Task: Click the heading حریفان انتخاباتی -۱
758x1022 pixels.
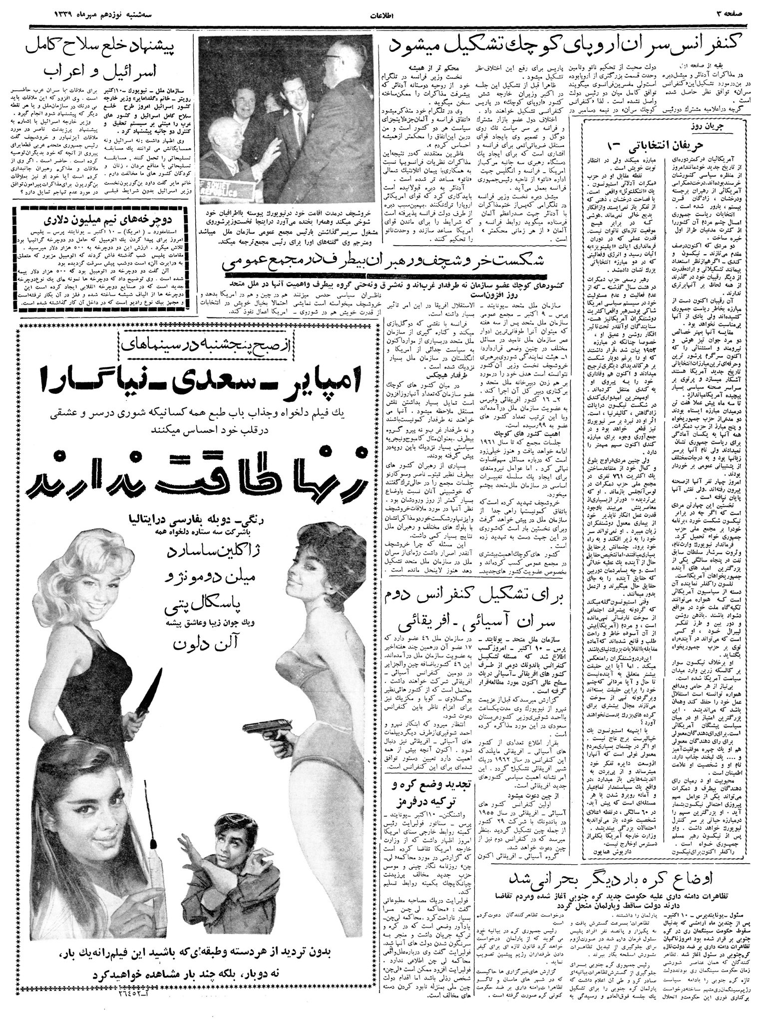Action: pyautogui.click(x=644, y=145)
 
